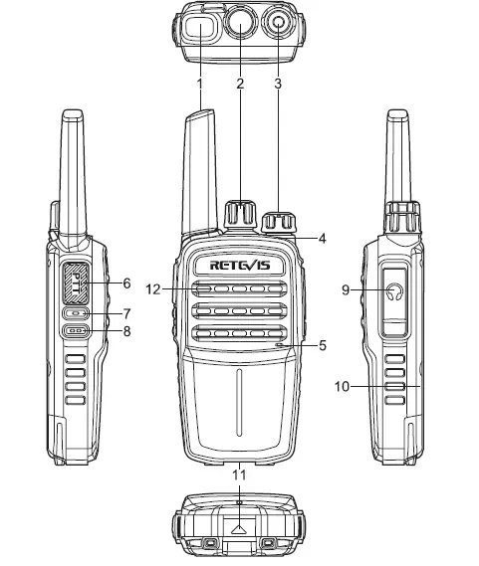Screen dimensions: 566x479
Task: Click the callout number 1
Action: coord(199,84)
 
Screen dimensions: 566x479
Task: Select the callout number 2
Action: coord(240,84)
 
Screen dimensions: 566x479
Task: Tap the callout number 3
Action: coord(278,84)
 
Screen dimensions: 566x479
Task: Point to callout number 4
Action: coord(324,238)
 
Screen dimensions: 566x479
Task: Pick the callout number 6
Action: coord(126,283)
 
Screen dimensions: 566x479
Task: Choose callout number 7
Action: coord(126,312)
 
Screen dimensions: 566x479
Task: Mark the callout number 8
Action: coord(126,331)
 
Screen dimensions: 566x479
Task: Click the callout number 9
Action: coord(346,290)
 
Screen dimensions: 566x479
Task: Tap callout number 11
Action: coord(239,476)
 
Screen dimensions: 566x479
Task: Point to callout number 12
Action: coord(153,289)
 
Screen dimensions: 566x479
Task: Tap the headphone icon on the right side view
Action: coord(397,291)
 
